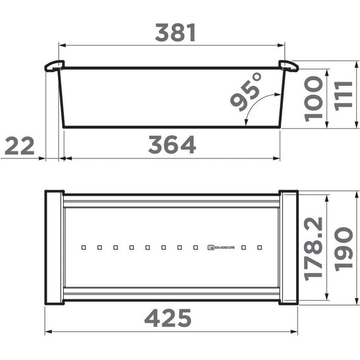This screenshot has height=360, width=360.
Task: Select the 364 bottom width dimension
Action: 172,145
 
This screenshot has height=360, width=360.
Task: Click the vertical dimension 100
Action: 313,99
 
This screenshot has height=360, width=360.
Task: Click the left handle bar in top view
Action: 54,248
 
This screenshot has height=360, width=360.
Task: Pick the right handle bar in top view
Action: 289,248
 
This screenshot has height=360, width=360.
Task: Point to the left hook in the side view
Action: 53,66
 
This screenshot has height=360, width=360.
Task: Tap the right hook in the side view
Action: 289,66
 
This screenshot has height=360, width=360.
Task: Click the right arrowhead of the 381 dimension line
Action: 282,45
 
